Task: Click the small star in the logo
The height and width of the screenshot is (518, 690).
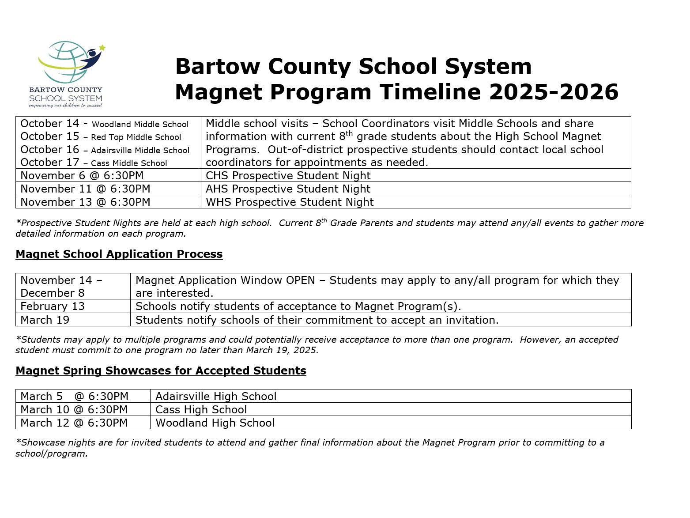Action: click(x=102, y=47)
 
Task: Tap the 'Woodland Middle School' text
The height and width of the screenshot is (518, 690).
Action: click(x=140, y=125)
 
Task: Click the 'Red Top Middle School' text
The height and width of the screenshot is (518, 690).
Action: click(x=136, y=137)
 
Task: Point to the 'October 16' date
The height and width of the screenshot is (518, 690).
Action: click(x=49, y=150)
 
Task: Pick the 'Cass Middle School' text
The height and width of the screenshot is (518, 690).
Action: click(x=129, y=163)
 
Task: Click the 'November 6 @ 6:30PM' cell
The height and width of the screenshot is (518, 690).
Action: click(x=82, y=175)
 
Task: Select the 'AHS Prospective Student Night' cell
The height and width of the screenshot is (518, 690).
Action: click(x=288, y=189)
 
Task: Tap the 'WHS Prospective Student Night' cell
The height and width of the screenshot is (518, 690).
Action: click(x=290, y=202)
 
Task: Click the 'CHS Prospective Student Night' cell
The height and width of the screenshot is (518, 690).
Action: click(x=288, y=175)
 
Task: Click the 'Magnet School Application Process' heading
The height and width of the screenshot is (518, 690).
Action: click(x=119, y=254)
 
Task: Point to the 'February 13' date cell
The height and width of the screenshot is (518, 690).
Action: click(x=52, y=306)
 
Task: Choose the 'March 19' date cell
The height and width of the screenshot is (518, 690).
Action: click(x=45, y=320)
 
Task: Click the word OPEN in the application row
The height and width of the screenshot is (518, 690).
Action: click(x=300, y=280)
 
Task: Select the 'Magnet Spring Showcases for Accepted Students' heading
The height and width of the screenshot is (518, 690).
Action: click(x=161, y=371)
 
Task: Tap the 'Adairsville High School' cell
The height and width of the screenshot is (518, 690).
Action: click(x=216, y=396)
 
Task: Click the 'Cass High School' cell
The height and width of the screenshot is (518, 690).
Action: click(x=201, y=409)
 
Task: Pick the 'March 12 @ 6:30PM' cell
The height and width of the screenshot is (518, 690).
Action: click(x=74, y=423)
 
